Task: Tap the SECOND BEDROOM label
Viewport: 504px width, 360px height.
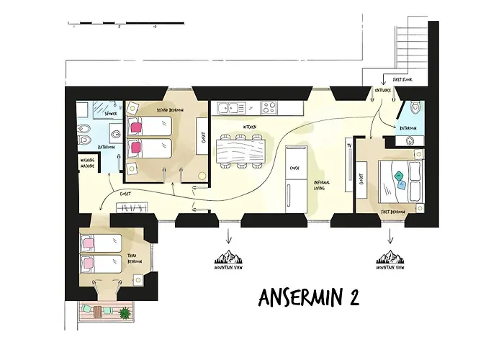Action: (169, 109)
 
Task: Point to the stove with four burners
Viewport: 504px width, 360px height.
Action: (270, 109)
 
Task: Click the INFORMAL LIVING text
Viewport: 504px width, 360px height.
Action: (322, 184)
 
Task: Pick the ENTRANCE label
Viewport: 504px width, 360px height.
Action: (382, 91)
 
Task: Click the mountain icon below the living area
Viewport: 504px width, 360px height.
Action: (230, 256)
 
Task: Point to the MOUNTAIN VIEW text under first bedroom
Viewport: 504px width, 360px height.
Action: (390, 268)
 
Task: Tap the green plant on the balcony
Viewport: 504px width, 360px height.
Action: (125, 313)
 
